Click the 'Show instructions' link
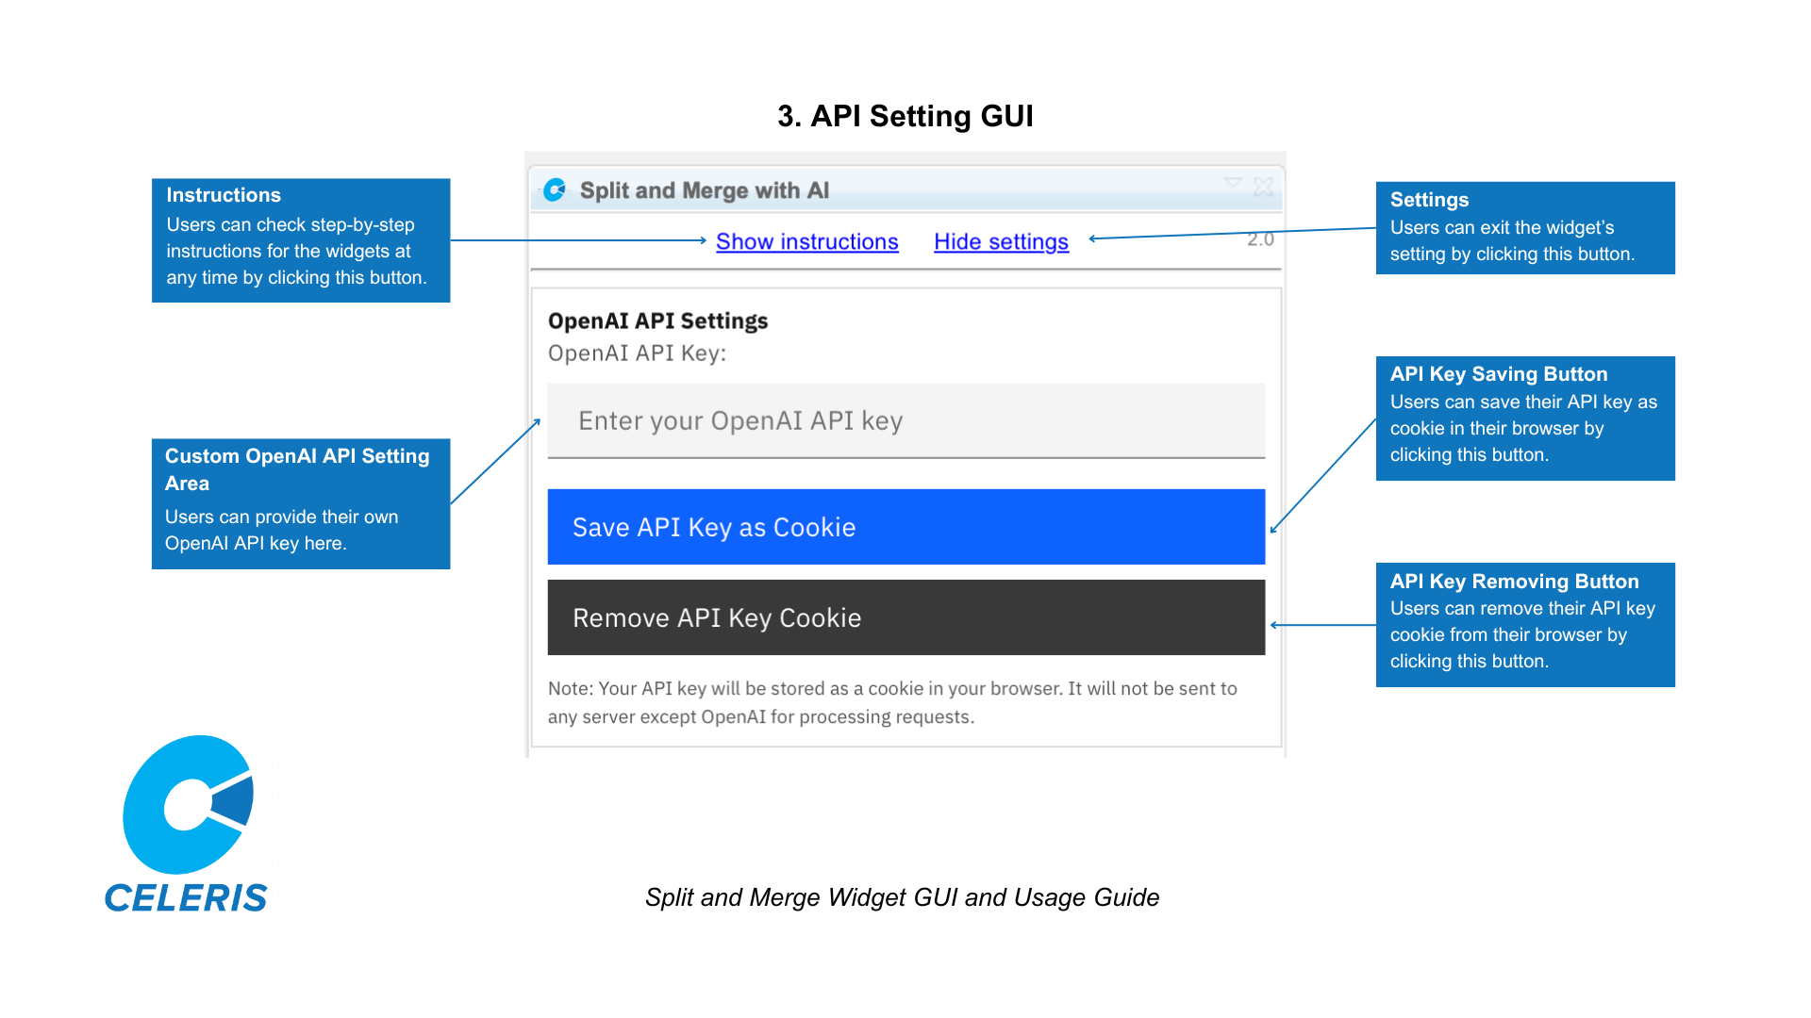pos(806,242)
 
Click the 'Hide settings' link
pos(1001,242)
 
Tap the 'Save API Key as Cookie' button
pos(905,527)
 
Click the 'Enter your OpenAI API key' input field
pos(905,420)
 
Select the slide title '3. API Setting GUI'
pos(905,116)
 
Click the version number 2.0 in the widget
pos(1260,239)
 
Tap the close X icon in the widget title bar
pos(1264,188)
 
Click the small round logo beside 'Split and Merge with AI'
pos(556,190)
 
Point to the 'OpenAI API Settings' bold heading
pos(657,321)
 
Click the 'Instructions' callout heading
pos(224,195)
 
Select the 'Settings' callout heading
pos(1429,200)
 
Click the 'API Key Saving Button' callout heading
pos(1498,374)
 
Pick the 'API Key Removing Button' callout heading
pos(1514,582)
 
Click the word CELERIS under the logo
pos(186,898)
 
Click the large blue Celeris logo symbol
pos(188,804)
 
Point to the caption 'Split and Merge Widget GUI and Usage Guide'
pos(902,897)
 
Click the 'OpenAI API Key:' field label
pos(637,353)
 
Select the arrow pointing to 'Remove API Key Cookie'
pos(1321,625)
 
